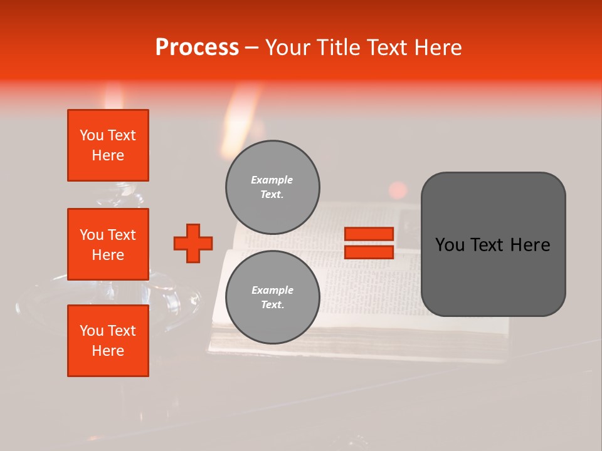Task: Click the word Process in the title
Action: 197,48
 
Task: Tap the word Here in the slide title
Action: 436,48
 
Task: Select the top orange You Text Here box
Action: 108,145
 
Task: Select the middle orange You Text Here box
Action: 108,244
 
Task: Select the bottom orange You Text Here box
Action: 108,341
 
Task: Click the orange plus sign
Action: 193,243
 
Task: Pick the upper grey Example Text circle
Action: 272,187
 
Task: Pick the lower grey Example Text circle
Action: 272,298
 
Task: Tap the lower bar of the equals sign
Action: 369,252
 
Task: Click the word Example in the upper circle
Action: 272,180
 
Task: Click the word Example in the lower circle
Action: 272,291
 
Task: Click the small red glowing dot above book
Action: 398,190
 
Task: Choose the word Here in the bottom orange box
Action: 108,351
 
